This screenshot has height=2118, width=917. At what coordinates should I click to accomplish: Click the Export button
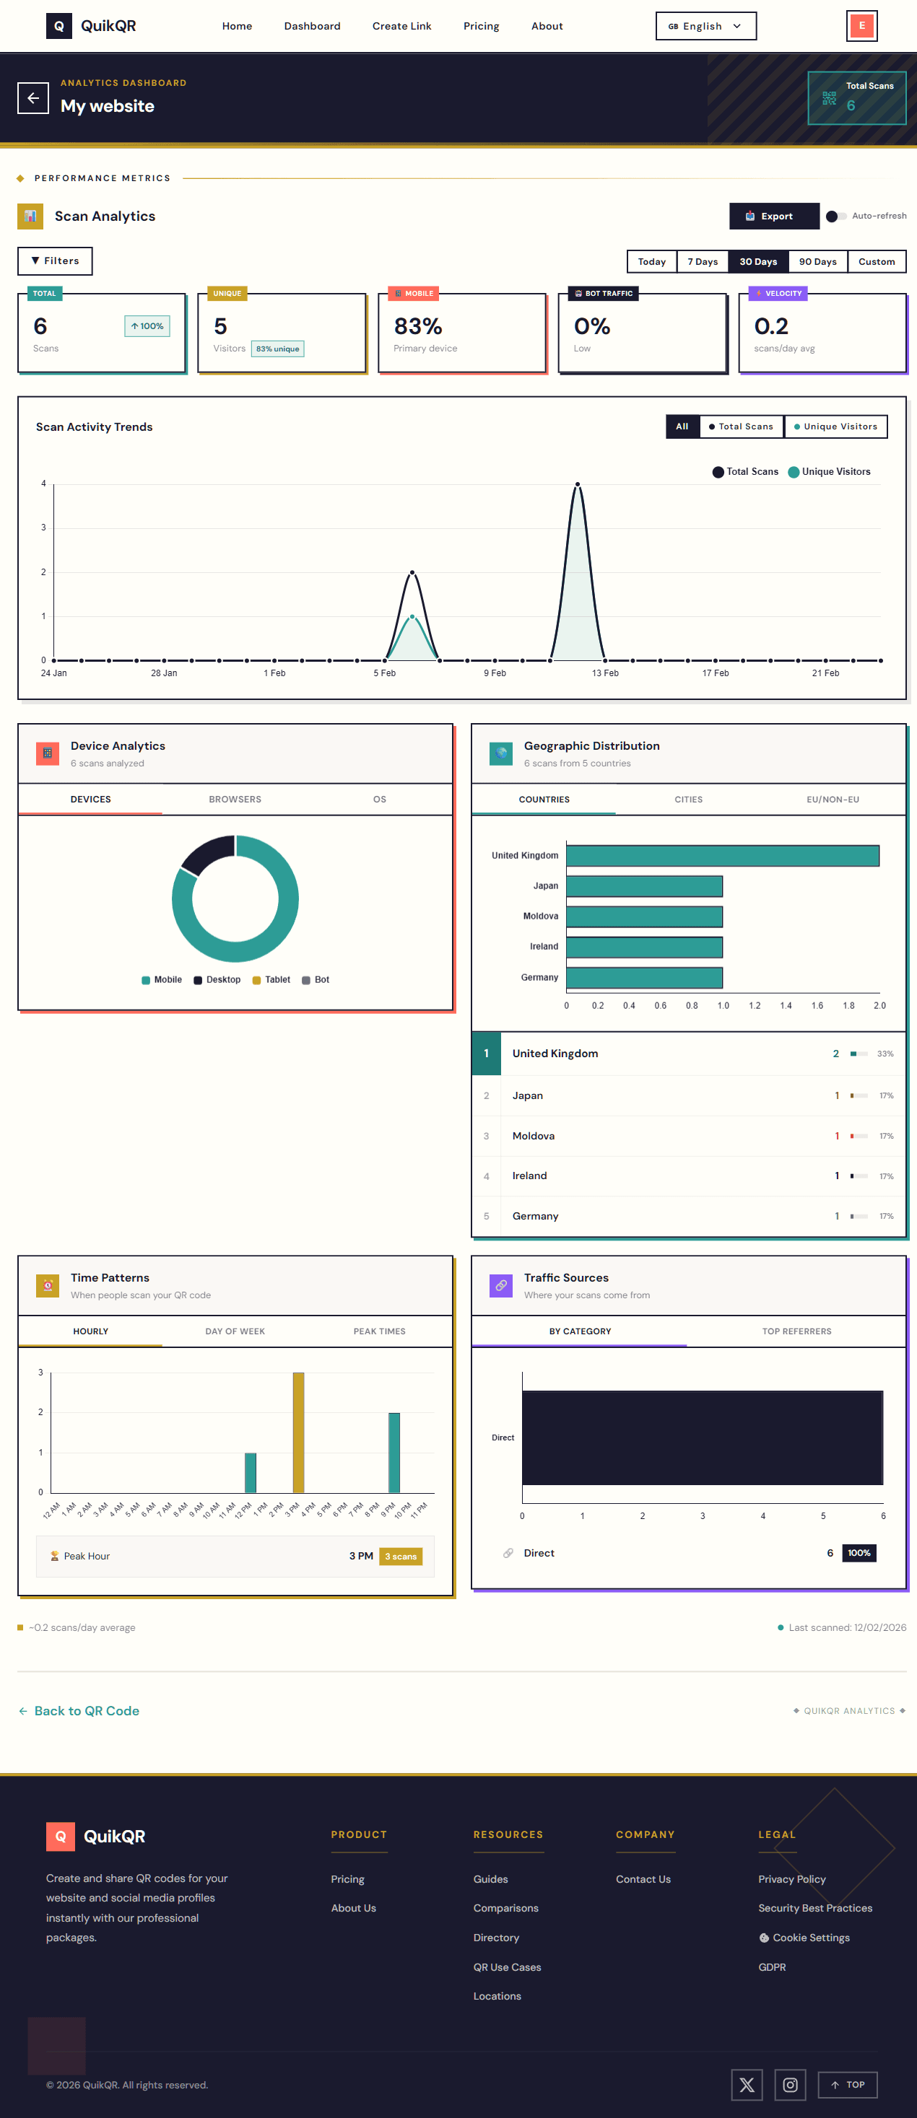click(x=774, y=216)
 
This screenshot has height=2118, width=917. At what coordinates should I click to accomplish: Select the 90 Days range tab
click(x=817, y=261)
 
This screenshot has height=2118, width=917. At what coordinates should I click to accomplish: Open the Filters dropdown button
click(x=55, y=261)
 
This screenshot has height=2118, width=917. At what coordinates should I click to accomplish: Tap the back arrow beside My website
click(x=33, y=98)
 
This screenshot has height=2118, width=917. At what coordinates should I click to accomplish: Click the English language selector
click(x=705, y=26)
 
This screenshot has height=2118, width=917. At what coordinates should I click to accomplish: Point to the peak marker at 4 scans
click(x=578, y=484)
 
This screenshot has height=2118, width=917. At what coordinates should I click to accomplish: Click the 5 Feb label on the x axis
click(x=384, y=673)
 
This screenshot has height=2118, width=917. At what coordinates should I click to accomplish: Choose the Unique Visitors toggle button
click(x=835, y=426)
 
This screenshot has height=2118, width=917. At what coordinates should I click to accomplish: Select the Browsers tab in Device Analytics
click(x=235, y=799)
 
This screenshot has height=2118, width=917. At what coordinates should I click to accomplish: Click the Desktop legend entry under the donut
click(x=217, y=980)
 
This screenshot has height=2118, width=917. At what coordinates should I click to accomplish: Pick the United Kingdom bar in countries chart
click(x=722, y=856)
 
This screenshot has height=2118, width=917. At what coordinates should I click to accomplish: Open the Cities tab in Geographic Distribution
click(x=688, y=799)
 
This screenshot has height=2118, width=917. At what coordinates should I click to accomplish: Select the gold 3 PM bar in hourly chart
click(x=298, y=1432)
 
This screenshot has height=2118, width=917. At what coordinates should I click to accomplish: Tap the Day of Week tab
click(x=235, y=1331)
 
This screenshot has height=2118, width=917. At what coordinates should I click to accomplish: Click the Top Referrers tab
click(x=796, y=1331)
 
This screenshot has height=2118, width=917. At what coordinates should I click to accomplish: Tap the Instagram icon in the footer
click(x=789, y=2084)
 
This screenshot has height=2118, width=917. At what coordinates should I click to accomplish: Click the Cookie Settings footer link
click(x=810, y=1938)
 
